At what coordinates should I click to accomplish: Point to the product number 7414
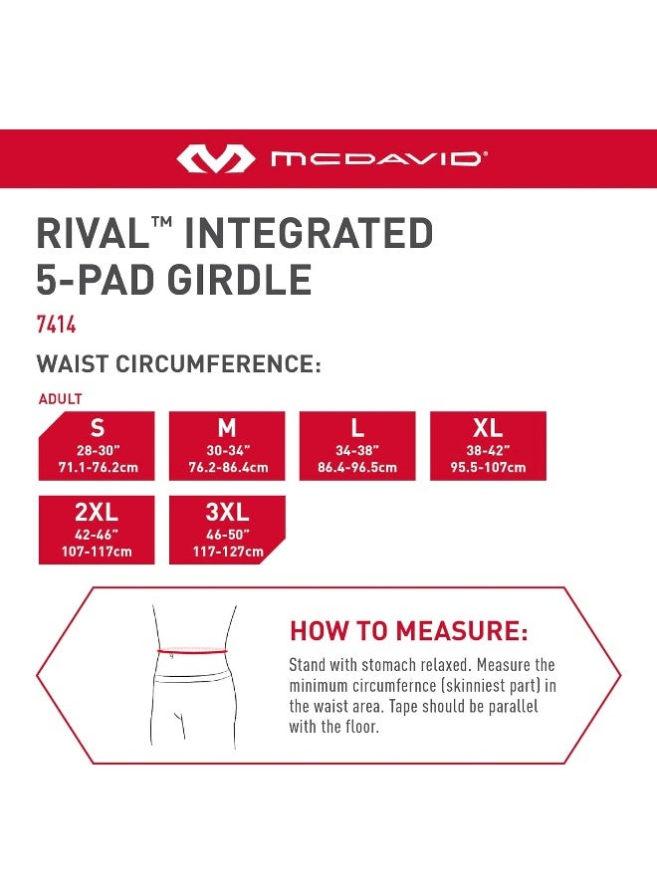56,326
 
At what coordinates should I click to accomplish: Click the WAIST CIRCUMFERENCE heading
178,364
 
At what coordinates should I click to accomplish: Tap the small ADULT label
60,399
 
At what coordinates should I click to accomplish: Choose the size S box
97,445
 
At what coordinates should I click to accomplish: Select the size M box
227,445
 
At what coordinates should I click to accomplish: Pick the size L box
357,445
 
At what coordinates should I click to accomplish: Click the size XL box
488,445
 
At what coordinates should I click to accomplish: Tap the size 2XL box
97,530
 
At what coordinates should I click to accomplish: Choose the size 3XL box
227,530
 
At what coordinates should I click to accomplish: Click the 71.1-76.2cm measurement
97,467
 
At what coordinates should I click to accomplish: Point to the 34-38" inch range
357,450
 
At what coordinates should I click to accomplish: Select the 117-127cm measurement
227,552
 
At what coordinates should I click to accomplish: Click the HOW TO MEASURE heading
408,631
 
